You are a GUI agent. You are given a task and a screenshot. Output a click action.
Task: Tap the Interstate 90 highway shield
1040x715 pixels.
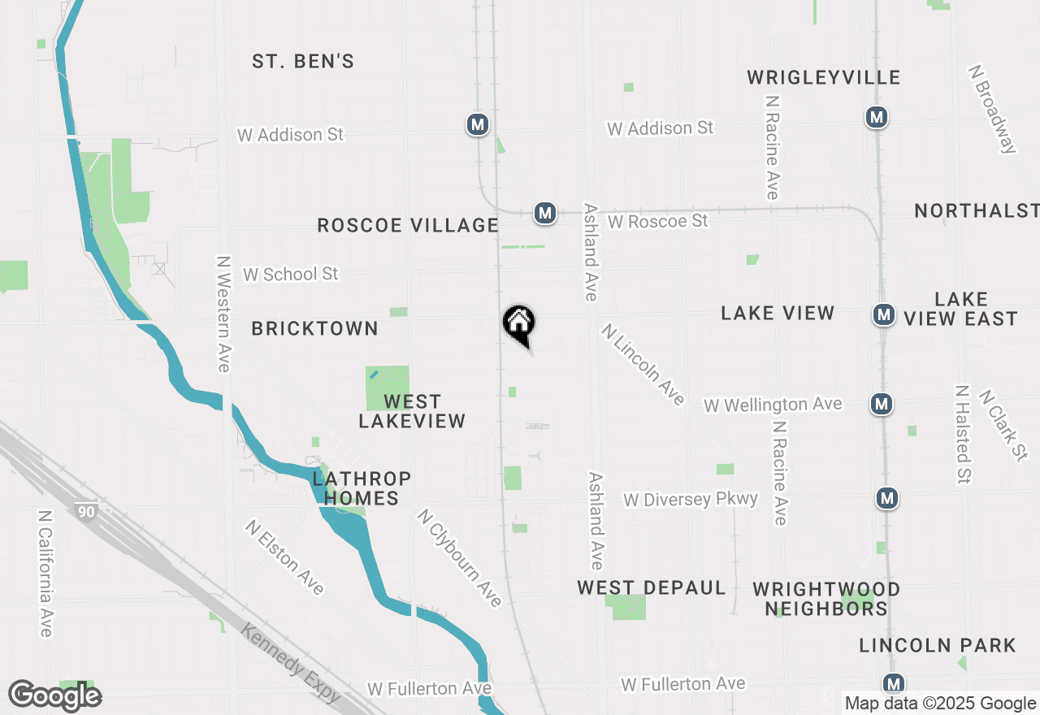[84, 511]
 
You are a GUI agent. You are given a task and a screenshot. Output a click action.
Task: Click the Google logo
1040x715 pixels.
[54, 696]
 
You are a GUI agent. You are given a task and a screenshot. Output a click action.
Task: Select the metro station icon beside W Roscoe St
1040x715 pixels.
[545, 214]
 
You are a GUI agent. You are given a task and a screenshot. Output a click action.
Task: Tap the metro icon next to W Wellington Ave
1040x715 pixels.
[880, 403]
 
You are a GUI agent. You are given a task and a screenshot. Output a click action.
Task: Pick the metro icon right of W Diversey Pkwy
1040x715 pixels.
[887, 498]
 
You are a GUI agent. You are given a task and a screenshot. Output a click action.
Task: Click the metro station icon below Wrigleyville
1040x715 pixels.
[876, 117]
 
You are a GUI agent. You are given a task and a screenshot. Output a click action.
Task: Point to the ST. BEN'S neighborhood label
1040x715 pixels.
[303, 62]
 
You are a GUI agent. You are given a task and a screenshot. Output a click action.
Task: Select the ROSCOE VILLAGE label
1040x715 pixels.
[408, 225]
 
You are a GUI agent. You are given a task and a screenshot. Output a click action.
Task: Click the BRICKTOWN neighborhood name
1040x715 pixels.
[314, 328]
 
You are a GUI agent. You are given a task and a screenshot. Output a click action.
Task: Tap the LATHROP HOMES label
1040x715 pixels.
[362, 488]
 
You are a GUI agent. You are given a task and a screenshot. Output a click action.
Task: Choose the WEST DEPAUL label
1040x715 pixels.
[652, 587]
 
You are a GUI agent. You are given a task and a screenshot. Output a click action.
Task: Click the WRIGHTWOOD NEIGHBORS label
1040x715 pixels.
[826, 599]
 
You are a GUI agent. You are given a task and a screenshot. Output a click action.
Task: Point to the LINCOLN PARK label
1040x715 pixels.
[938, 646]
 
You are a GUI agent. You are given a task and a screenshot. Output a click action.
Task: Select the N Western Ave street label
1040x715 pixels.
[223, 314]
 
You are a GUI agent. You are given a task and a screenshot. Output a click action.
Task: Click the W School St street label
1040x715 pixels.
[290, 274]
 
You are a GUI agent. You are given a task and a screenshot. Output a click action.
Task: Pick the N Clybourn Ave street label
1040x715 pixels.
[460, 557]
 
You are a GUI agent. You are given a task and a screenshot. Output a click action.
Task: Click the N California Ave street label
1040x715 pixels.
[45, 574]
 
